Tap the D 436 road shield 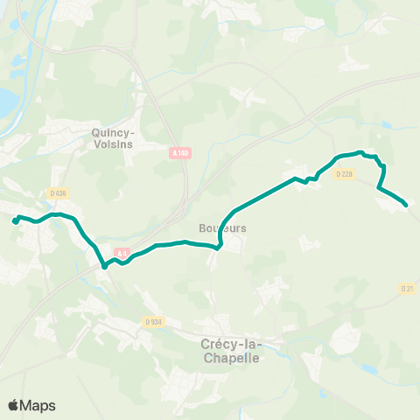coord(59,192)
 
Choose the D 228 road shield coord(344,173)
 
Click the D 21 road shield coord(407,288)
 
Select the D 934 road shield coord(153,322)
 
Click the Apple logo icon coord(14,405)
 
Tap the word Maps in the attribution coord(38,405)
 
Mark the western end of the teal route coord(15,221)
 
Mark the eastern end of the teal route coord(406,206)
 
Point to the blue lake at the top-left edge coord(7,96)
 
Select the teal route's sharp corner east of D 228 coord(378,187)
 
